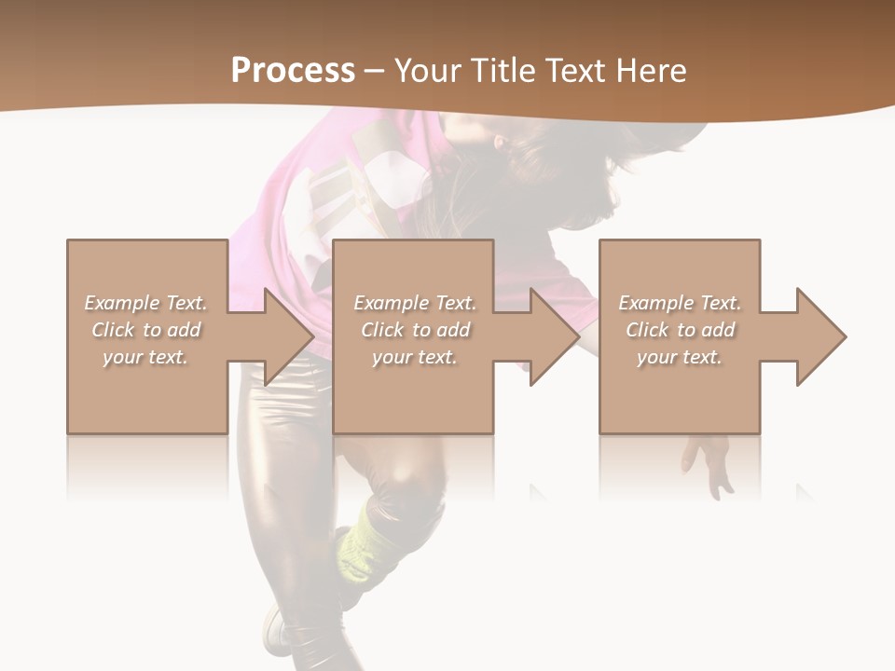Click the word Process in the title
pyautogui.click(x=293, y=70)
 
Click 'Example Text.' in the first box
pyautogui.click(x=145, y=303)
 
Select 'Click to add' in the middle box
pyautogui.click(x=415, y=330)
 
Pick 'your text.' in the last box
pyautogui.click(x=680, y=357)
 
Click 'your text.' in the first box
pyautogui.click(x=145, y=357)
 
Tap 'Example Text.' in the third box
pyautogui.click(x=680, y=303)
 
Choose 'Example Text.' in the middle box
pyautogui.click(x=415, y=303)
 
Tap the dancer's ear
pyautogui.click(x=500, y=145)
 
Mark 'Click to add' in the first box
pyautogui.click(x=145, y=330)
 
